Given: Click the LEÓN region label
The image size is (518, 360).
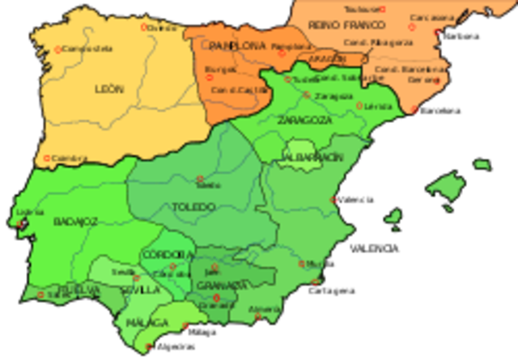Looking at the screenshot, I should (x=109, y=88).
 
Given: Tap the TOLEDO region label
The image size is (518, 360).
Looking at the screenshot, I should (x=193, y=207).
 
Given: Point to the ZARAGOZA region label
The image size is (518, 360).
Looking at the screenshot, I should (x=304, y=120).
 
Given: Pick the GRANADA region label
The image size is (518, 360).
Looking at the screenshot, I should (x=220, y=285).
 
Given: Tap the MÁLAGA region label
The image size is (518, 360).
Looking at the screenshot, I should (x=145, y=323).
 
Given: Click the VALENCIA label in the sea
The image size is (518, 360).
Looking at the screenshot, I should (x=373, y=248).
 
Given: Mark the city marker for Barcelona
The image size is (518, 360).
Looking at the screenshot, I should (x=415, y=110).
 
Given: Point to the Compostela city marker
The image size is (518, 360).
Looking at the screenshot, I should (x=57, y=49).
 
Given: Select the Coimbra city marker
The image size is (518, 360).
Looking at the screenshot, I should (x=47, y=159).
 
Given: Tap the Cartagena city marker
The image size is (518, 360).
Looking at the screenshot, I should (x=316, y=282).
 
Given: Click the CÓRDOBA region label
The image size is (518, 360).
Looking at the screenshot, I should (x=165, y=256).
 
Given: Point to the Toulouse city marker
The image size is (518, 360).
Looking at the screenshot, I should (x=383, y=9).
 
